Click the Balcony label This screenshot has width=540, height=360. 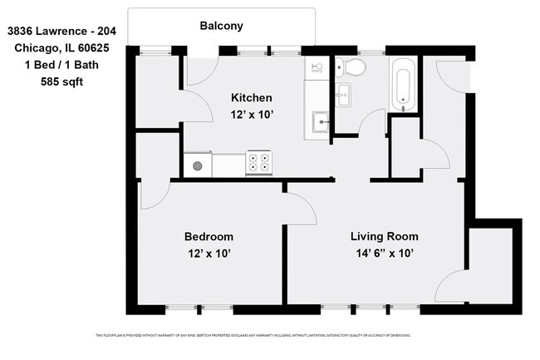[221, 26]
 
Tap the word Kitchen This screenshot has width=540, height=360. [251, 98]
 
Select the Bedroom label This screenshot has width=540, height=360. [208, 236]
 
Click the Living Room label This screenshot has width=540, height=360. [384, 236]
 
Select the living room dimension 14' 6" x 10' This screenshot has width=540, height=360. [384, 253]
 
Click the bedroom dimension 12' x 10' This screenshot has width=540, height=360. [208, 253]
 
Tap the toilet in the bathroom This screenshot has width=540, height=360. [352, 67]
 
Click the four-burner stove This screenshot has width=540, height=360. [259, 163]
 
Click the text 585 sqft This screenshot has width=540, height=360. [61, 81]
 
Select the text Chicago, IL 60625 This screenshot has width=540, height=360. [61, 48]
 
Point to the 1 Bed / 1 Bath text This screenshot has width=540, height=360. [61, 65]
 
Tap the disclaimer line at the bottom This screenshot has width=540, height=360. [253, 336]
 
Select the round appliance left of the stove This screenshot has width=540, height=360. [198, 165]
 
